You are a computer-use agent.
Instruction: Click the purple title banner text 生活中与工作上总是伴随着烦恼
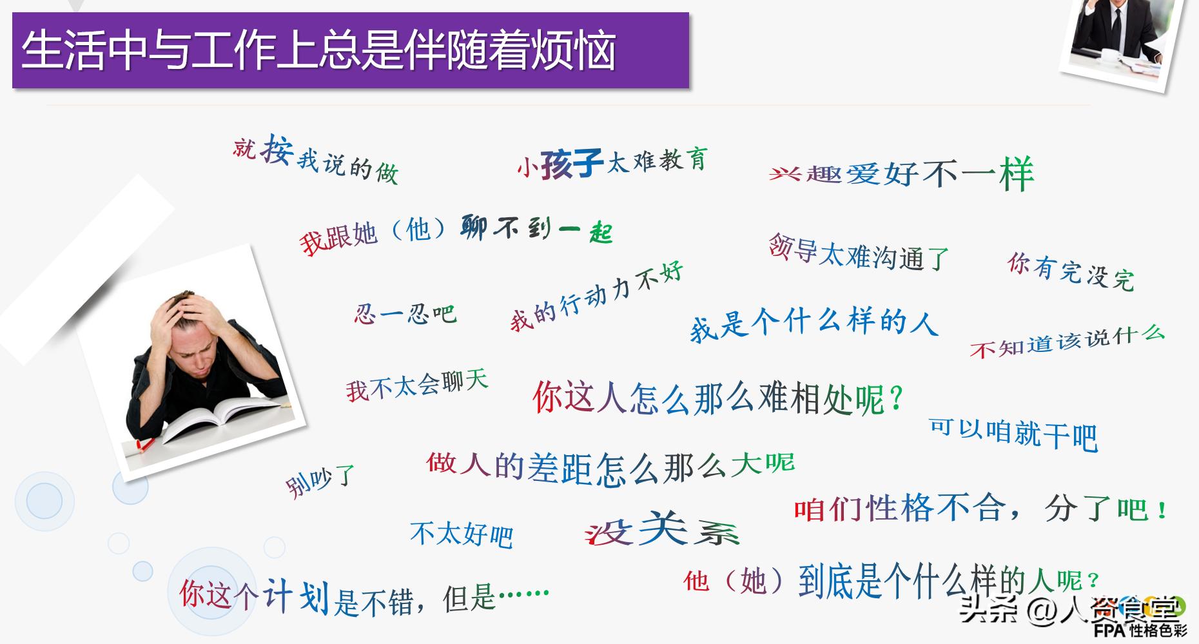tap(319, 50)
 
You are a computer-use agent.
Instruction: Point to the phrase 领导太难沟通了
tap(858, 253)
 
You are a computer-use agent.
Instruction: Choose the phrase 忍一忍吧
tap(405, 314)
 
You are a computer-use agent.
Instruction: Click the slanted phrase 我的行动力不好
tap(596, 297)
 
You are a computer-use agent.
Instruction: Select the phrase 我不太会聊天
tap(416, 385)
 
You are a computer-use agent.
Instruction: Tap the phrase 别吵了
tap(320, 480)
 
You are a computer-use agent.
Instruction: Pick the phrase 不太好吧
tap(462, 534)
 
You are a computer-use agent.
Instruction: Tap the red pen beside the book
tap(146, 444)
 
